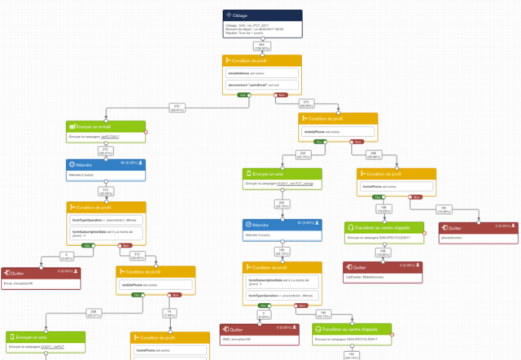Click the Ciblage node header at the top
coord(262,15)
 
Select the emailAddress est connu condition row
coord(261,73)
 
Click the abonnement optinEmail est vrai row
coord(261,84)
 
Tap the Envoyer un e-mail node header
coord(106,127)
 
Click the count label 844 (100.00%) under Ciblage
coord(262,47)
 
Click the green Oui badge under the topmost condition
coord(242,94)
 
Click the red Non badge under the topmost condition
coord(282,94)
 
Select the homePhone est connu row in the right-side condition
coord(396,187)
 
